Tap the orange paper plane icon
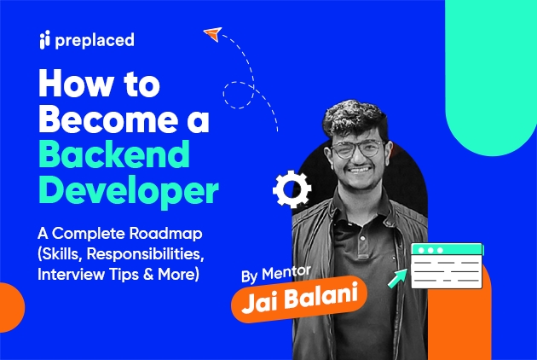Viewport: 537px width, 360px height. coord(212,34)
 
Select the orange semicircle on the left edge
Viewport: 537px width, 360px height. coord(10,305)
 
